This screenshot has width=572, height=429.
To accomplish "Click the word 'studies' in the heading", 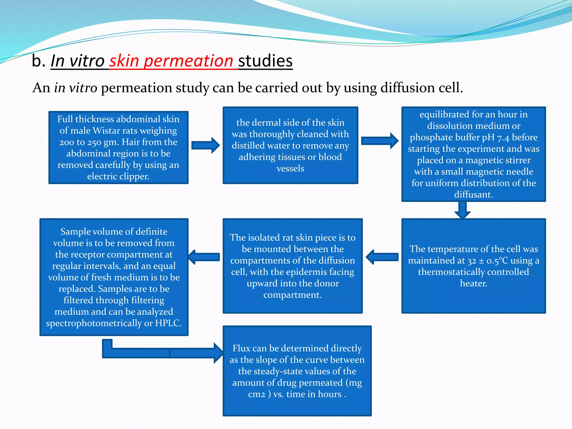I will click(x=265, y=61).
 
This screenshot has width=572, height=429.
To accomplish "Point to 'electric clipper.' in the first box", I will click(x=118, y=177).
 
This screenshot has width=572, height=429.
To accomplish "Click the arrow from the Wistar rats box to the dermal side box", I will click(x=206, y=145).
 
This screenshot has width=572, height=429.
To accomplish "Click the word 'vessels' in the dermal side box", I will click(x=290, y=169).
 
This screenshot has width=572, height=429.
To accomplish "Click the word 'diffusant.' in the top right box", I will click(x=473, y=194).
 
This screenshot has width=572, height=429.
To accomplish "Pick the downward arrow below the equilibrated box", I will click(x=463, y=210).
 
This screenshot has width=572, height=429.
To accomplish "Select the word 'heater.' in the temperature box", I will click(x=473, y=283).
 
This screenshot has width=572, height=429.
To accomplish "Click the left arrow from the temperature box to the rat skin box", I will click(x=382, y=257).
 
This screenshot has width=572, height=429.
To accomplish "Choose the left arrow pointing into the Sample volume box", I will click(x=204, y=257).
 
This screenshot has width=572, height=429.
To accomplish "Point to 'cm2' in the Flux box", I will click(x=256, y=394).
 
